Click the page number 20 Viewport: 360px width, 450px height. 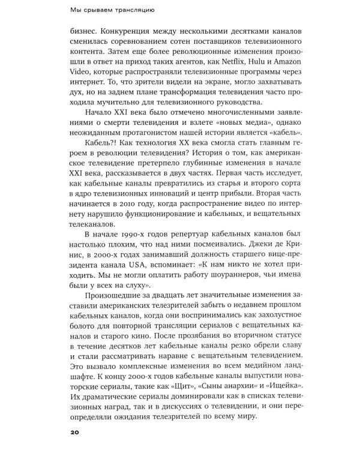(74, 431)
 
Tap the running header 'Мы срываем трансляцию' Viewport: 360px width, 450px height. (114, 10)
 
